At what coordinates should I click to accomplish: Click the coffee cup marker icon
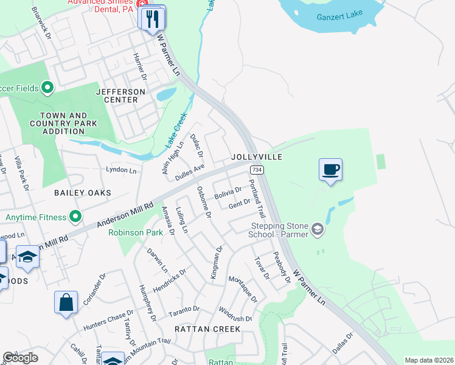coord(330,169)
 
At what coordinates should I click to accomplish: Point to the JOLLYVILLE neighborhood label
coord(257,157)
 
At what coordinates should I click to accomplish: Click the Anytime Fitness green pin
coord(75,217)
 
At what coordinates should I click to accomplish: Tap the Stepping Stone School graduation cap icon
coord(316,229)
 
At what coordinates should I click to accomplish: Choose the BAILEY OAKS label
coord(83,193)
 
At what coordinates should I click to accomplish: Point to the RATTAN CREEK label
coord(207,329)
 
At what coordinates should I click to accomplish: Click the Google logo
coord(21,358)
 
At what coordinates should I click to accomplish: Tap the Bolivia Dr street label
coord(228,194)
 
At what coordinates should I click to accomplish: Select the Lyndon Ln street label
coord(121,170)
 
